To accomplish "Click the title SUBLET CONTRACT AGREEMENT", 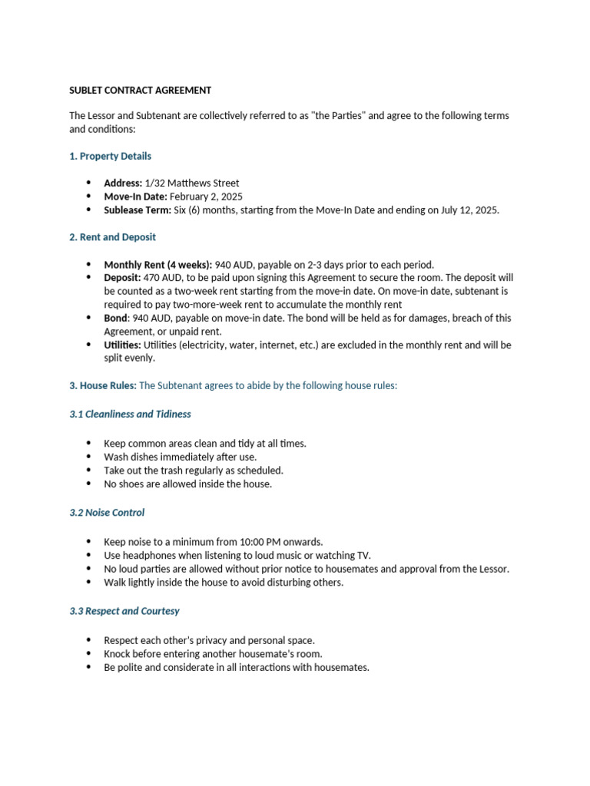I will tap(140, 90).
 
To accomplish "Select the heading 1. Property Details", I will tap(110, 156).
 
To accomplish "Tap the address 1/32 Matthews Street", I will tap(191, 183).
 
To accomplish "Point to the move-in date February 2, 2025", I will tap(206, 196).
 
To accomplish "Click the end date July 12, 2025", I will tap(468, 210).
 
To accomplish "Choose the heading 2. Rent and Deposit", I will tap(112, 237).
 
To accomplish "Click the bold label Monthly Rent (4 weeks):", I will tap(158, 264).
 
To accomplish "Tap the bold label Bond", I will tap(116, 318).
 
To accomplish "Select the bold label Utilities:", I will tap(123, 345).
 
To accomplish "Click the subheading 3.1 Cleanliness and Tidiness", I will tap(130, 414).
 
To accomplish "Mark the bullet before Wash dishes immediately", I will tap(88, 457).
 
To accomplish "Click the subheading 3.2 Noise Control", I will tap(107, 512).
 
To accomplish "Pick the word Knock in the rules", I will tap(118, 653).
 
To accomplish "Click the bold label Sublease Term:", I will tap(138, 210).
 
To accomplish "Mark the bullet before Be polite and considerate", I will tap(88, 667).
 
